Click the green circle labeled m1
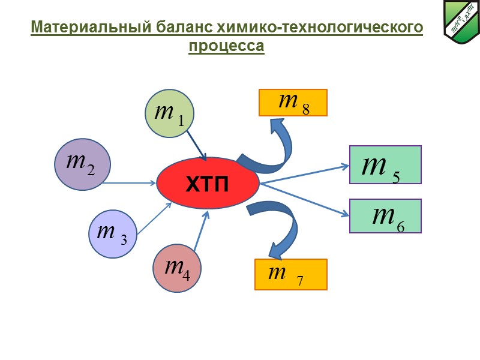[170, 113]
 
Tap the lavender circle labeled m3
[112, 233]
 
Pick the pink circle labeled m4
[177, 268]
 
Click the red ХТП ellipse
[208, 184]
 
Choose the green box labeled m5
[385, 164]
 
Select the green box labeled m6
[385, 216]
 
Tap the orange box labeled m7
[291, 275]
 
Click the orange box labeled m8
[293, 102]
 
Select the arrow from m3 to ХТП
[154, 218]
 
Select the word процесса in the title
[226, 46]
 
